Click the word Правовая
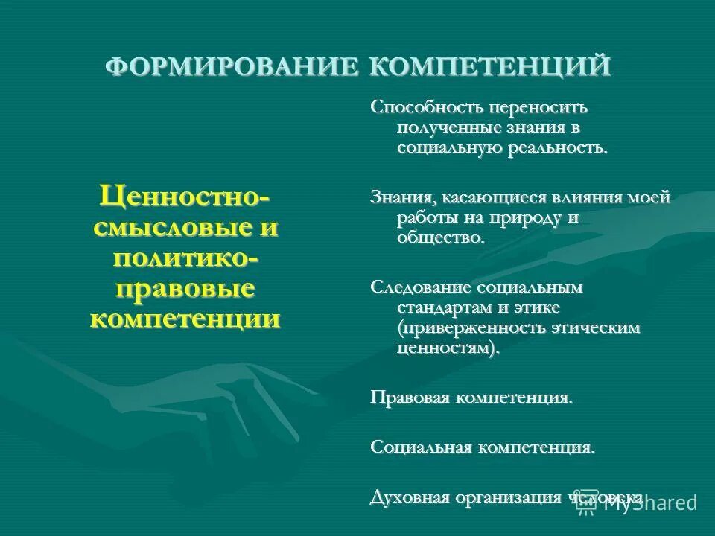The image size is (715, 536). click(410, 398)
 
